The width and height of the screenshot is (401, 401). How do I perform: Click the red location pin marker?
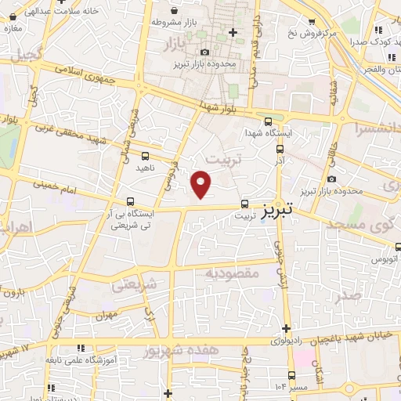(202, 183)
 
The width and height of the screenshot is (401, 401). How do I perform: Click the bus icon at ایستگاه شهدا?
(269, 121)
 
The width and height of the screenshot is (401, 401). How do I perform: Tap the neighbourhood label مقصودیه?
(232, 273)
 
